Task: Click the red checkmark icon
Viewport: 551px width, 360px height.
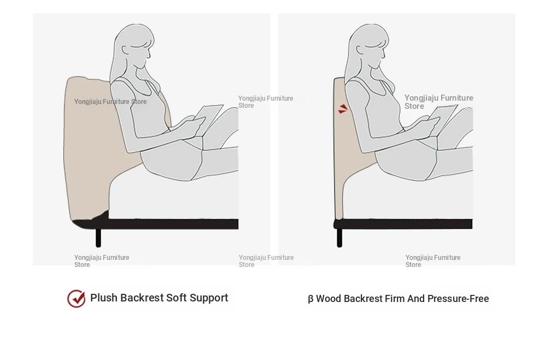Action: [77, 299]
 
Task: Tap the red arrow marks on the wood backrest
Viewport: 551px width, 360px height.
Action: [343, 109]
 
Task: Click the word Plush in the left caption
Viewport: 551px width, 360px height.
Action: [104, 298]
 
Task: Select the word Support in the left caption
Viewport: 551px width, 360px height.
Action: [209, 298]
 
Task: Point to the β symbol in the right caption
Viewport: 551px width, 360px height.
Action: [310, 299]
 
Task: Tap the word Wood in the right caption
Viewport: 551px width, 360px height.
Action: [329, 299]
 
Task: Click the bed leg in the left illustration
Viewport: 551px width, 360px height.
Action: [98, 237]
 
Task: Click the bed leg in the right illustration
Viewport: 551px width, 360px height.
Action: [339, 237]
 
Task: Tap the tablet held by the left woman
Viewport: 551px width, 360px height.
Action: [209, 118]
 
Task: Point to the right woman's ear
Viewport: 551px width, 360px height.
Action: [360, 50]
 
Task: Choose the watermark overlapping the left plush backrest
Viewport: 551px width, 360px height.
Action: [110, 102]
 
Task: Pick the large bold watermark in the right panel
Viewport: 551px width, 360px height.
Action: [438, 102]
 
